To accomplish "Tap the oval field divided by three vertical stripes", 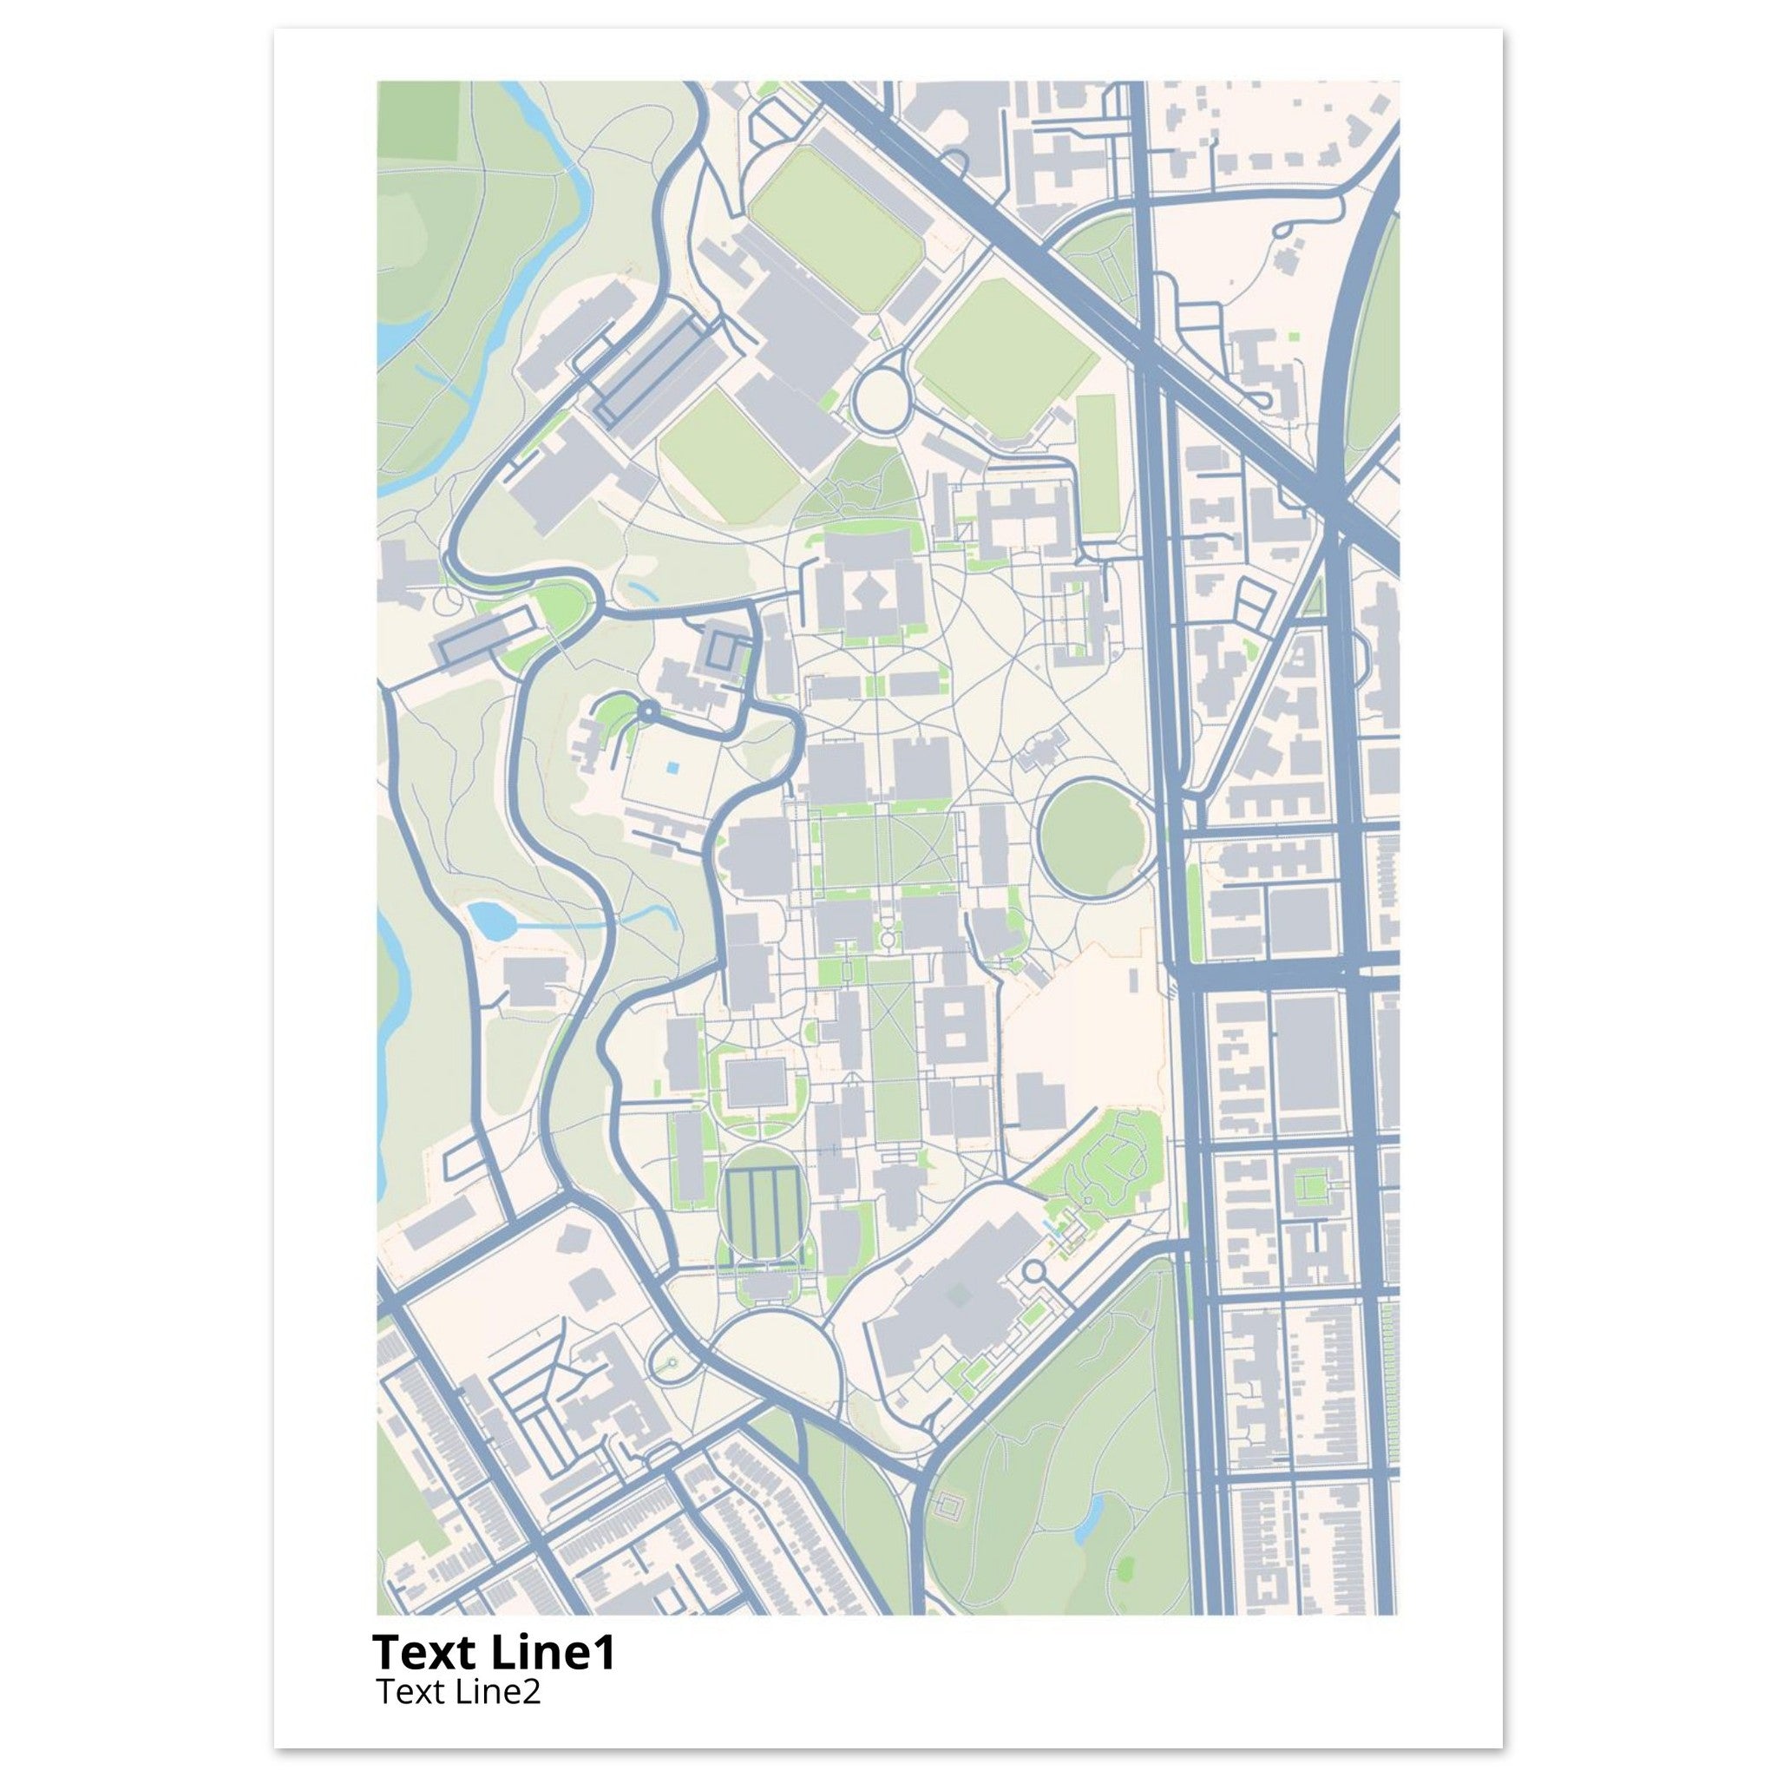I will pos(760,1211).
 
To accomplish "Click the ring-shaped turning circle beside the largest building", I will pos(1033,1272).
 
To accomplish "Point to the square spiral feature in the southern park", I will pos(948,1505).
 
